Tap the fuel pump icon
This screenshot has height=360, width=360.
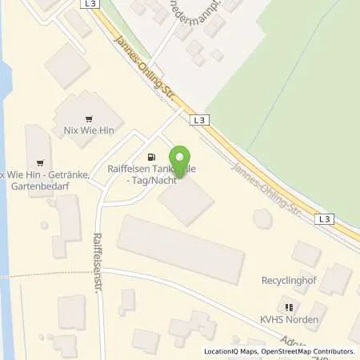150,156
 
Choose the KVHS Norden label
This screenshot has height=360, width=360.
290,320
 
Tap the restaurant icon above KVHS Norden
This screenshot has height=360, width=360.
290,306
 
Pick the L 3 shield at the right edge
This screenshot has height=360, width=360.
323,218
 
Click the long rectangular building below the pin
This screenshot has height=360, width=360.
181,248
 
